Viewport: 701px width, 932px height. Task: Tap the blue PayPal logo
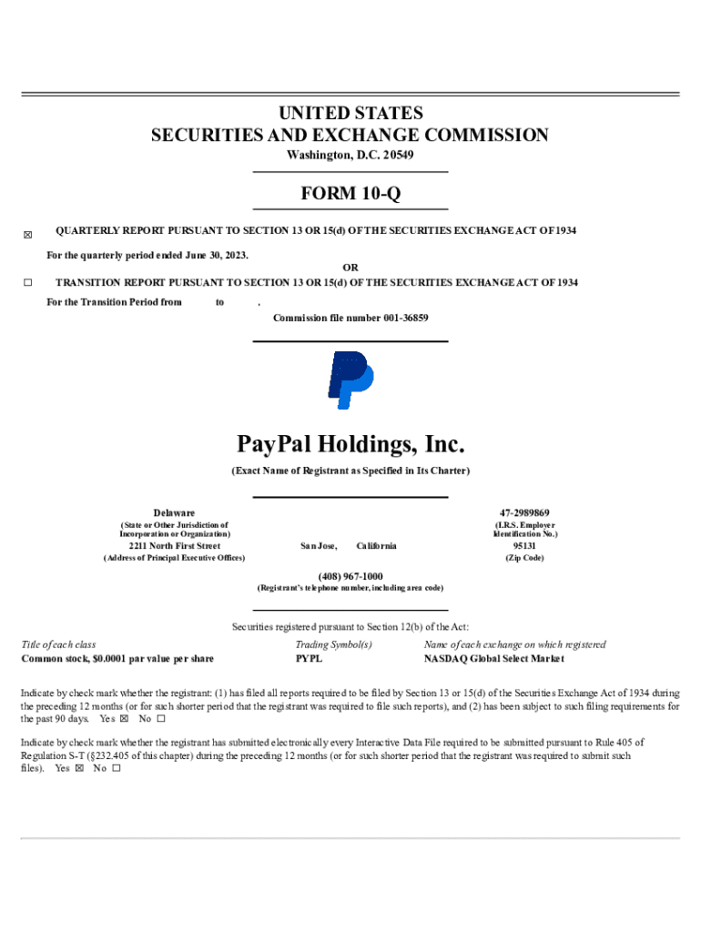tap(350, 380)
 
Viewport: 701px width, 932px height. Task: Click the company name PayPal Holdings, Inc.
tap(350, 445)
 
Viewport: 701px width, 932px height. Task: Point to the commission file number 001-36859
tap(350, 318)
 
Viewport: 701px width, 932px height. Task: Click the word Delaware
tap(174, 513)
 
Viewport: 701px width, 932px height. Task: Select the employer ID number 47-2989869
tap(524, 513)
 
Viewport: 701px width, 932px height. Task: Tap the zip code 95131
tap(524, 546)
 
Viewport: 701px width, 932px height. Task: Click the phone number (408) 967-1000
tap(350, 576)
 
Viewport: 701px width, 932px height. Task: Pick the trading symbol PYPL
tap(309, 658)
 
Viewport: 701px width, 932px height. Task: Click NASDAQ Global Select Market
tap(493, 658)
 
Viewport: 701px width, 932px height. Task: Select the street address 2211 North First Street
tap(174, 546)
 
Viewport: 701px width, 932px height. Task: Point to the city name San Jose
tap(319, 546)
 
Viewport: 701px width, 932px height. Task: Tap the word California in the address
tap(376, 546)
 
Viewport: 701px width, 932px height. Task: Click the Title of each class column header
tap(58, 644)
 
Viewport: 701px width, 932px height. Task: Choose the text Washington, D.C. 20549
tap(350, 156)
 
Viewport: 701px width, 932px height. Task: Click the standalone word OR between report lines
tap(350, 268)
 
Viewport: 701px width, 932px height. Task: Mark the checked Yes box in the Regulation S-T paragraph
tap(79, 768)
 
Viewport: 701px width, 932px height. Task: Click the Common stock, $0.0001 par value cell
tap(117, 658)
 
